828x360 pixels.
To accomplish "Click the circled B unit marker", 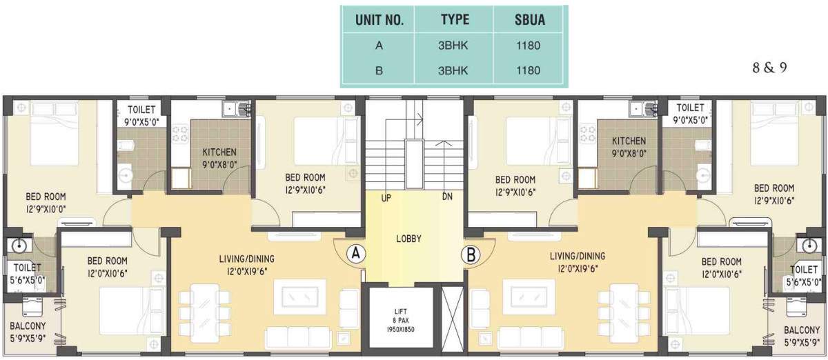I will pyautogui.click(x=471, y=254).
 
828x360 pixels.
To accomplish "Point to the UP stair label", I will pyautogui.click(x=386, y=199).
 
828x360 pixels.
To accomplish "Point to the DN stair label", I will pyautogui.click(x=447, y=198).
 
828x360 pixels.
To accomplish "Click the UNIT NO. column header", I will pyautogui.click(x=379, y=20).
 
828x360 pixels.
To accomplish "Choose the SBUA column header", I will pyautogui.click(x=530, y=20).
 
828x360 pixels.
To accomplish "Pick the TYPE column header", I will pyautogui.click(x=455, y=20).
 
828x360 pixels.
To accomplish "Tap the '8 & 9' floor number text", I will pyautogui.click(x=769, y=69).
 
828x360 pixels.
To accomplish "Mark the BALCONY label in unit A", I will pyautogui.click(x=28, y=333).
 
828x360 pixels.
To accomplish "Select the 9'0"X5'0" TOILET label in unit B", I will pyautogui.click(x=690, y=114).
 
